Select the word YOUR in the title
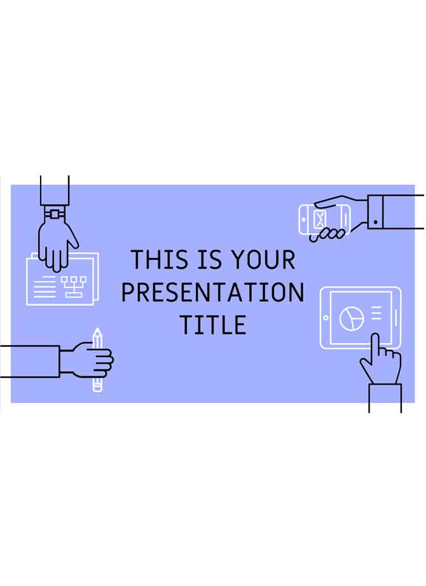tap(263, 260)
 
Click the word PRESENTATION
tap(213, 293)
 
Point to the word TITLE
tap(213, 325)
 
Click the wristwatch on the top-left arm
tap(55, 214)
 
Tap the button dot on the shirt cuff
tap(375, 222)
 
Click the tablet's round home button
tap(326, 318)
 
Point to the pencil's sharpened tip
tap(97, 331)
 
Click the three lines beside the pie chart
tap(376, 313)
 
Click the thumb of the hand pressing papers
tap(73, 238)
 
